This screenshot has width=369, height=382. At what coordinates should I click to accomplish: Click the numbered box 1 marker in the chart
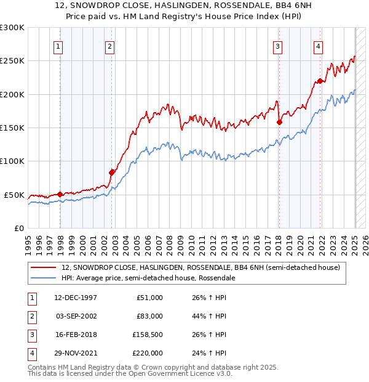click(x=57, y=46)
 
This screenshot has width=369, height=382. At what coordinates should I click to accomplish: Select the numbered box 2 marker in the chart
click(x=109, y=46)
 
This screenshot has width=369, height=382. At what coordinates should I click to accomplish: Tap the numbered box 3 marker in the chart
click(x=277, y=46)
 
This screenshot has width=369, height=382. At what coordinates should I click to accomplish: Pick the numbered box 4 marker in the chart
click(x=318, y=46)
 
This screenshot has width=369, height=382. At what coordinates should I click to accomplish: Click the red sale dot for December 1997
click(x=60, y=194)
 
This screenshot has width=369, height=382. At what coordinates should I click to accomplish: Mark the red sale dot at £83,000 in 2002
click(x=111, y=173)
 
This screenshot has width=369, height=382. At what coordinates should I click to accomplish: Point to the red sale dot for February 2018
click(x=279, y=122)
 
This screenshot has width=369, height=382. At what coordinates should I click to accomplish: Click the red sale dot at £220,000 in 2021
click(x=320, y=81)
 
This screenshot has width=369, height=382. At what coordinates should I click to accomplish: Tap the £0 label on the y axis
click(x=19, y=228)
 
